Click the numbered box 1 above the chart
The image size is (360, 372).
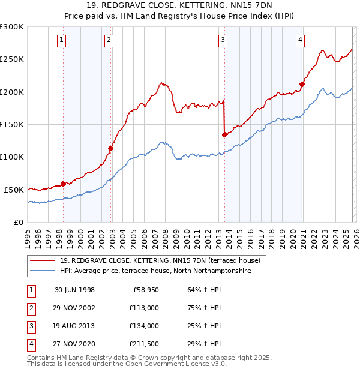pyautogui.click(x=63, y=40)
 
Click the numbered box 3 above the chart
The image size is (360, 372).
pyautogui.click(x=223, y=40)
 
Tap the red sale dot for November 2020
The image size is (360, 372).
pyautogui.click(x=302, y=84)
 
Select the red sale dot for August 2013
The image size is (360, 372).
pyautogui.click(x=224, y=134)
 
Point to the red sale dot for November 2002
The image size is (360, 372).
pyautogui.click(x=111, y=148)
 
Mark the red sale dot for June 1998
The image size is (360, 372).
pyautogui.click(x=64, y=184)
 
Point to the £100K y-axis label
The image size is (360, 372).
pyautogui.click(x=12, y=157)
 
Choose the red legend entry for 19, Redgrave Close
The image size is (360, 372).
pyautogui.click(x=160, y=261)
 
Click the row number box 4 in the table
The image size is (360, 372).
pyautogui.click(x=29, y=344)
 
